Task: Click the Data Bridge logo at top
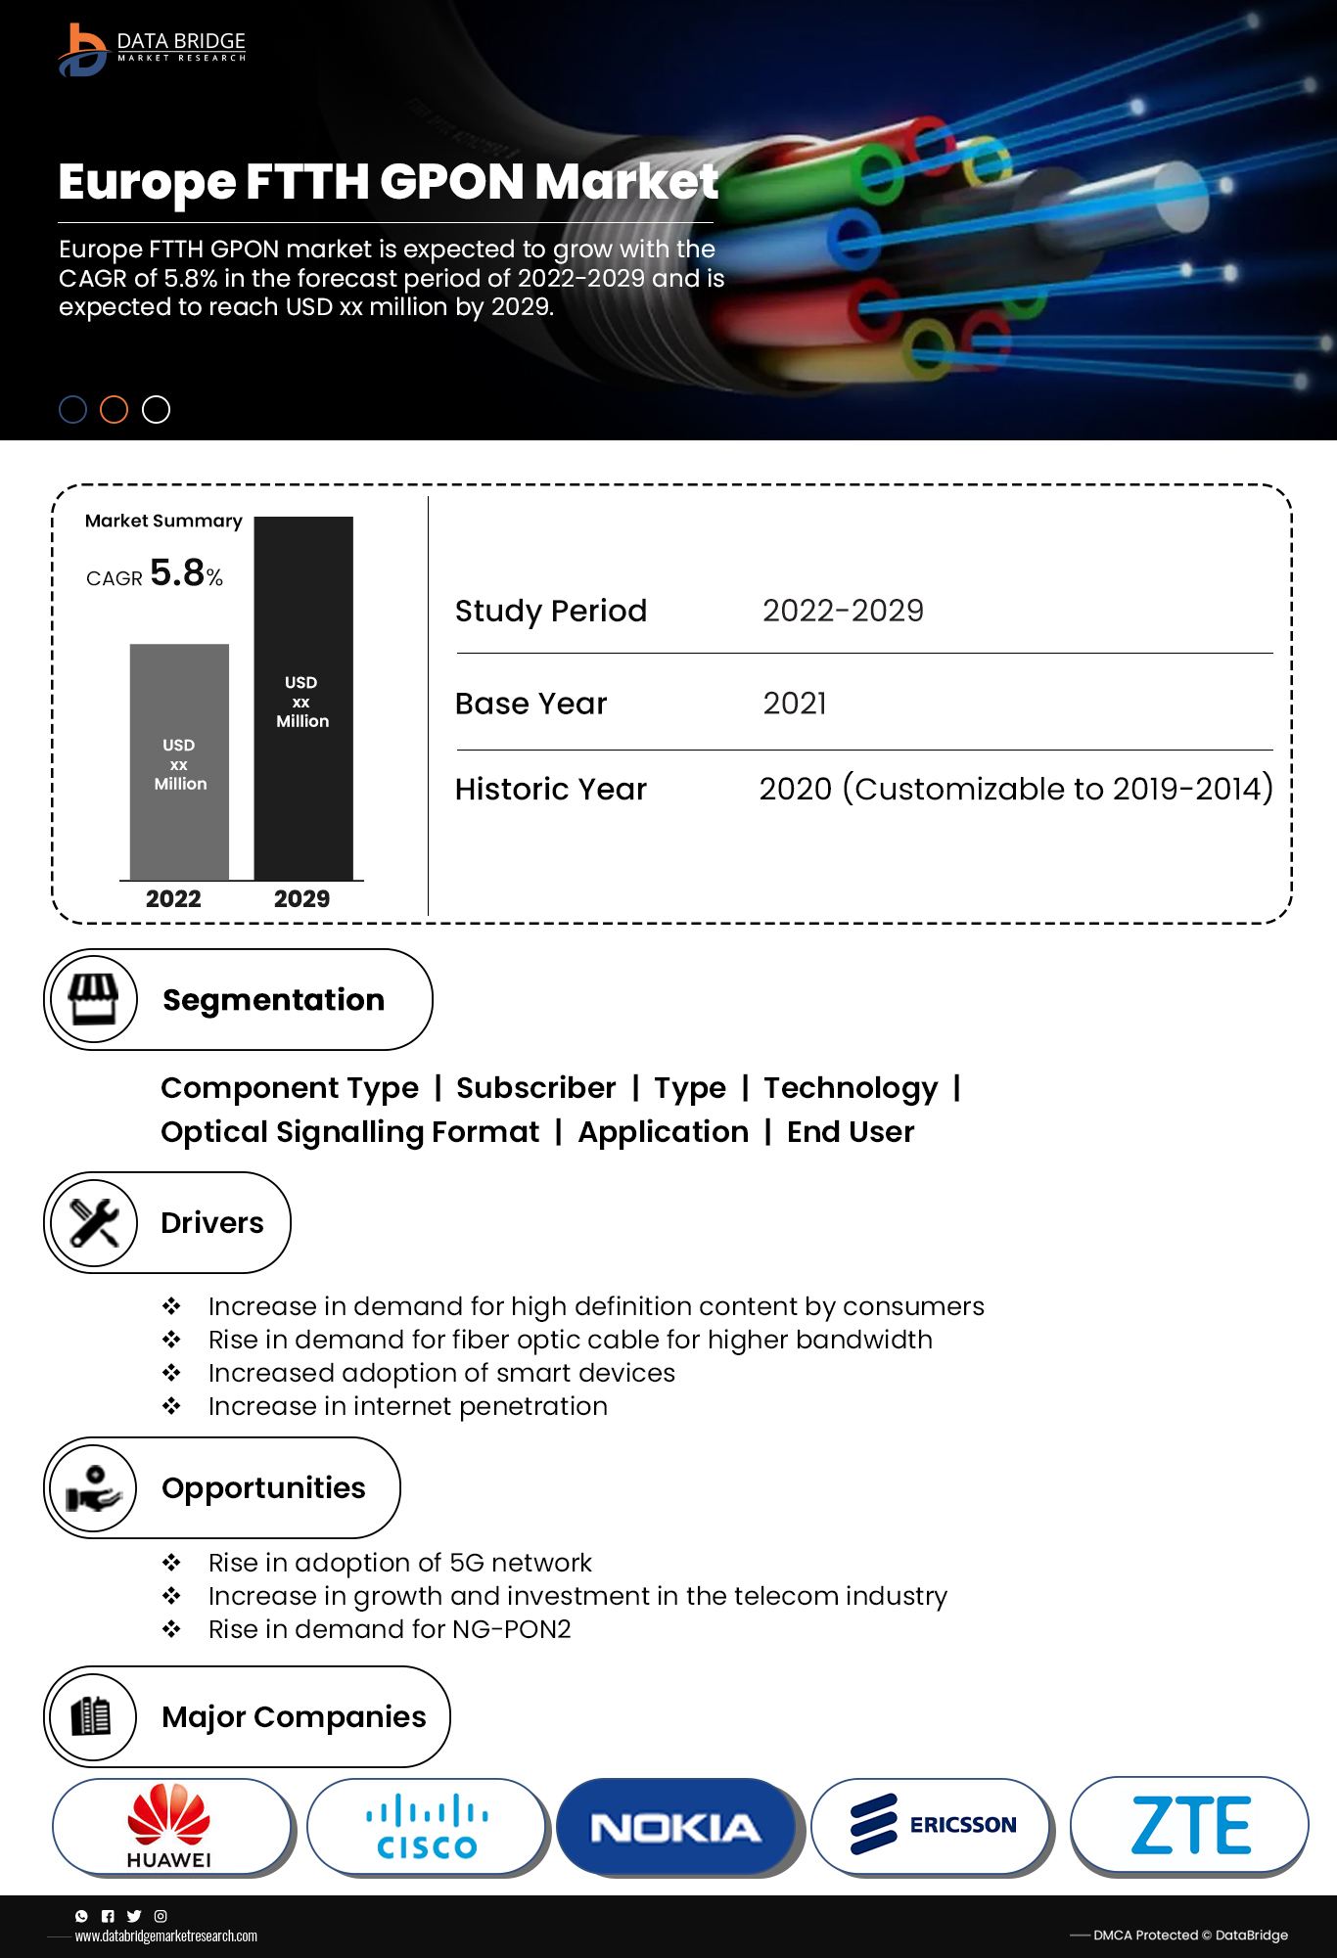tap(152, 48)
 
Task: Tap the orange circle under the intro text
tap(115, 409)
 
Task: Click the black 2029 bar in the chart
tap(303, 699)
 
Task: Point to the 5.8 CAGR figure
tap(177, 573)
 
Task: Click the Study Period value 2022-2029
tap(843, 611)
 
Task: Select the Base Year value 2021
tap(795, 704)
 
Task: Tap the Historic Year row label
tap(551, 790)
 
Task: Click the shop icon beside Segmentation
tap(94, 999)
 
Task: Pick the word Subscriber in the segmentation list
tap(536, 1088)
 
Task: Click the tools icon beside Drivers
tap(94, 1222)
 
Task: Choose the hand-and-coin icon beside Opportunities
tap(94, 1487)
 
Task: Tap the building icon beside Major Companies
tap(92, 1716)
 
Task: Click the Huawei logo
tap(170, 1826)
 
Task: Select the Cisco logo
tap(427, 1826)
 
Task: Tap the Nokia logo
tap(675, 1827)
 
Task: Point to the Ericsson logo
tap(932, 1826)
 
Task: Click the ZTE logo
tap(1190, 1826)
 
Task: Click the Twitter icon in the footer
tap(134, 1916)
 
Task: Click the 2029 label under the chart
tap(301, 899)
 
